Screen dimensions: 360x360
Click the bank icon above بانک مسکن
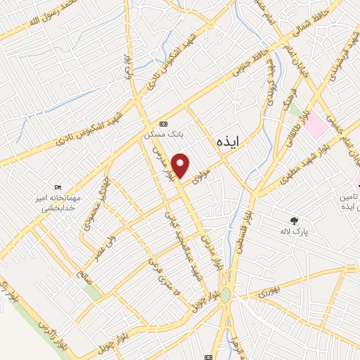(x=164, y=121)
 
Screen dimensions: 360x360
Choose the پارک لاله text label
(x=303, y=231)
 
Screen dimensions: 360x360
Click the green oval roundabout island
(x=225, y=296)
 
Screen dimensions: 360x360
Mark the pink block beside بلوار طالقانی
(x=316, y=127)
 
